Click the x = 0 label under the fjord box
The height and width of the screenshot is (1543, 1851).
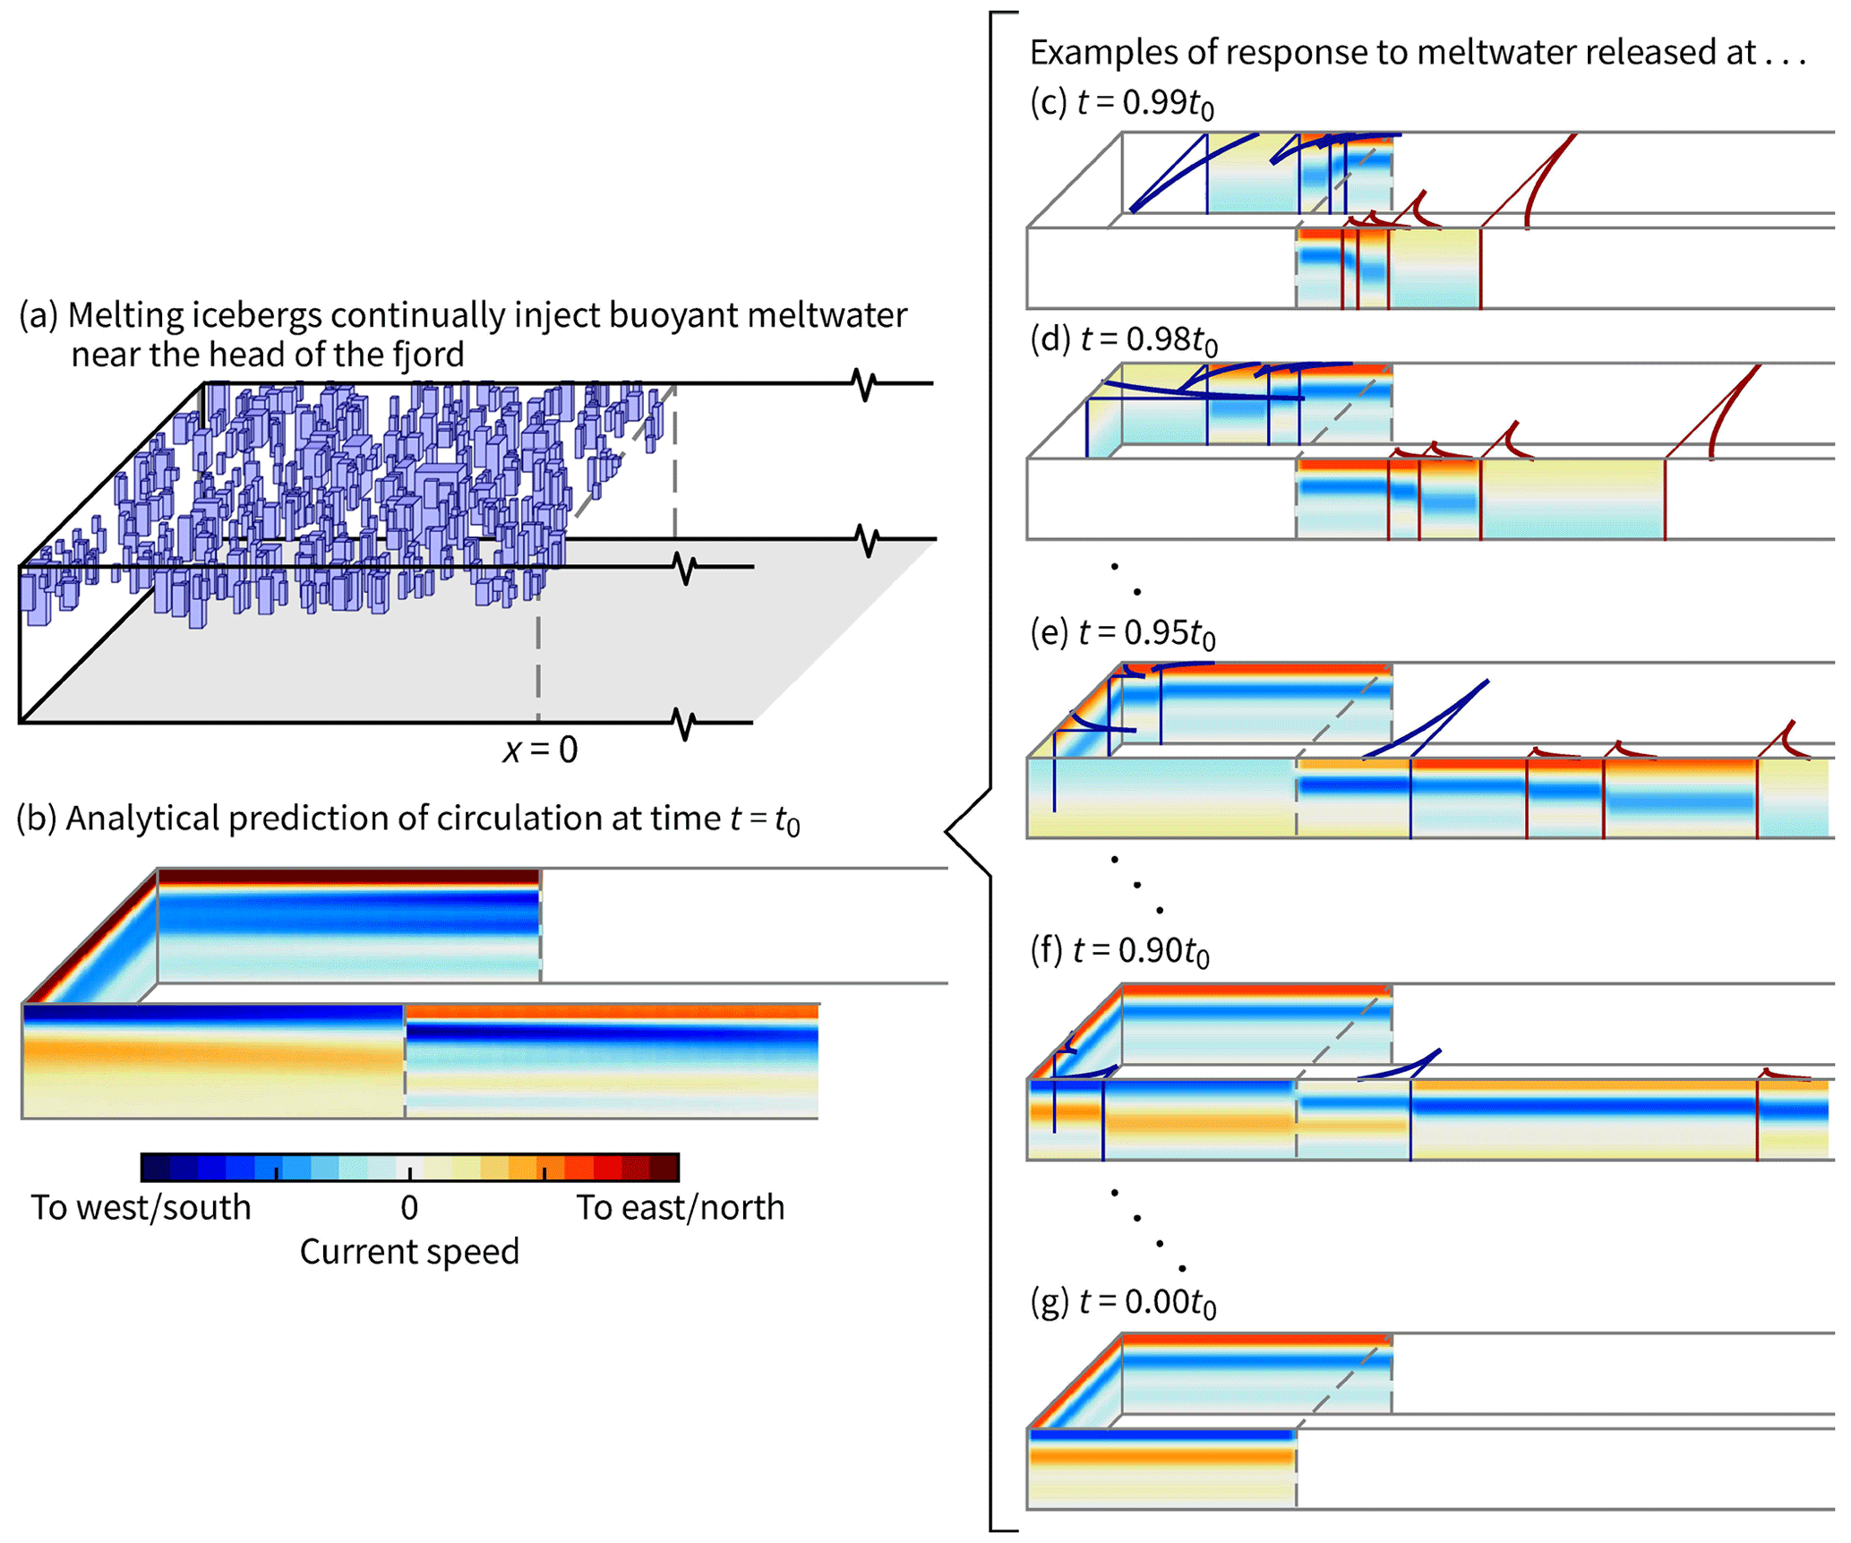coord(540,750)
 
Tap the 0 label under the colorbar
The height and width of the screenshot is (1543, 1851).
coord(409,1208)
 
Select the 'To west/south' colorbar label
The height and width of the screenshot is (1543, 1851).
coord(141,1208)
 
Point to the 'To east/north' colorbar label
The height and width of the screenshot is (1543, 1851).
coord(680,1208)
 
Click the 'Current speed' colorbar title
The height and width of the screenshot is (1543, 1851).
coord(409,1252)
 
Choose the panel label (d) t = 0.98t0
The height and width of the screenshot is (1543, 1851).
coord(1123,339)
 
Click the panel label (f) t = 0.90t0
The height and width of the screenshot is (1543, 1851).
coord(1119,950)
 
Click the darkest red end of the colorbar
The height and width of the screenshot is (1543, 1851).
coord(665,1168)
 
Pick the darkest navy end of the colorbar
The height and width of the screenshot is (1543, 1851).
coord(154,1168)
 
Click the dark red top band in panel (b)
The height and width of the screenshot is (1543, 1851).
coord(348,876)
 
